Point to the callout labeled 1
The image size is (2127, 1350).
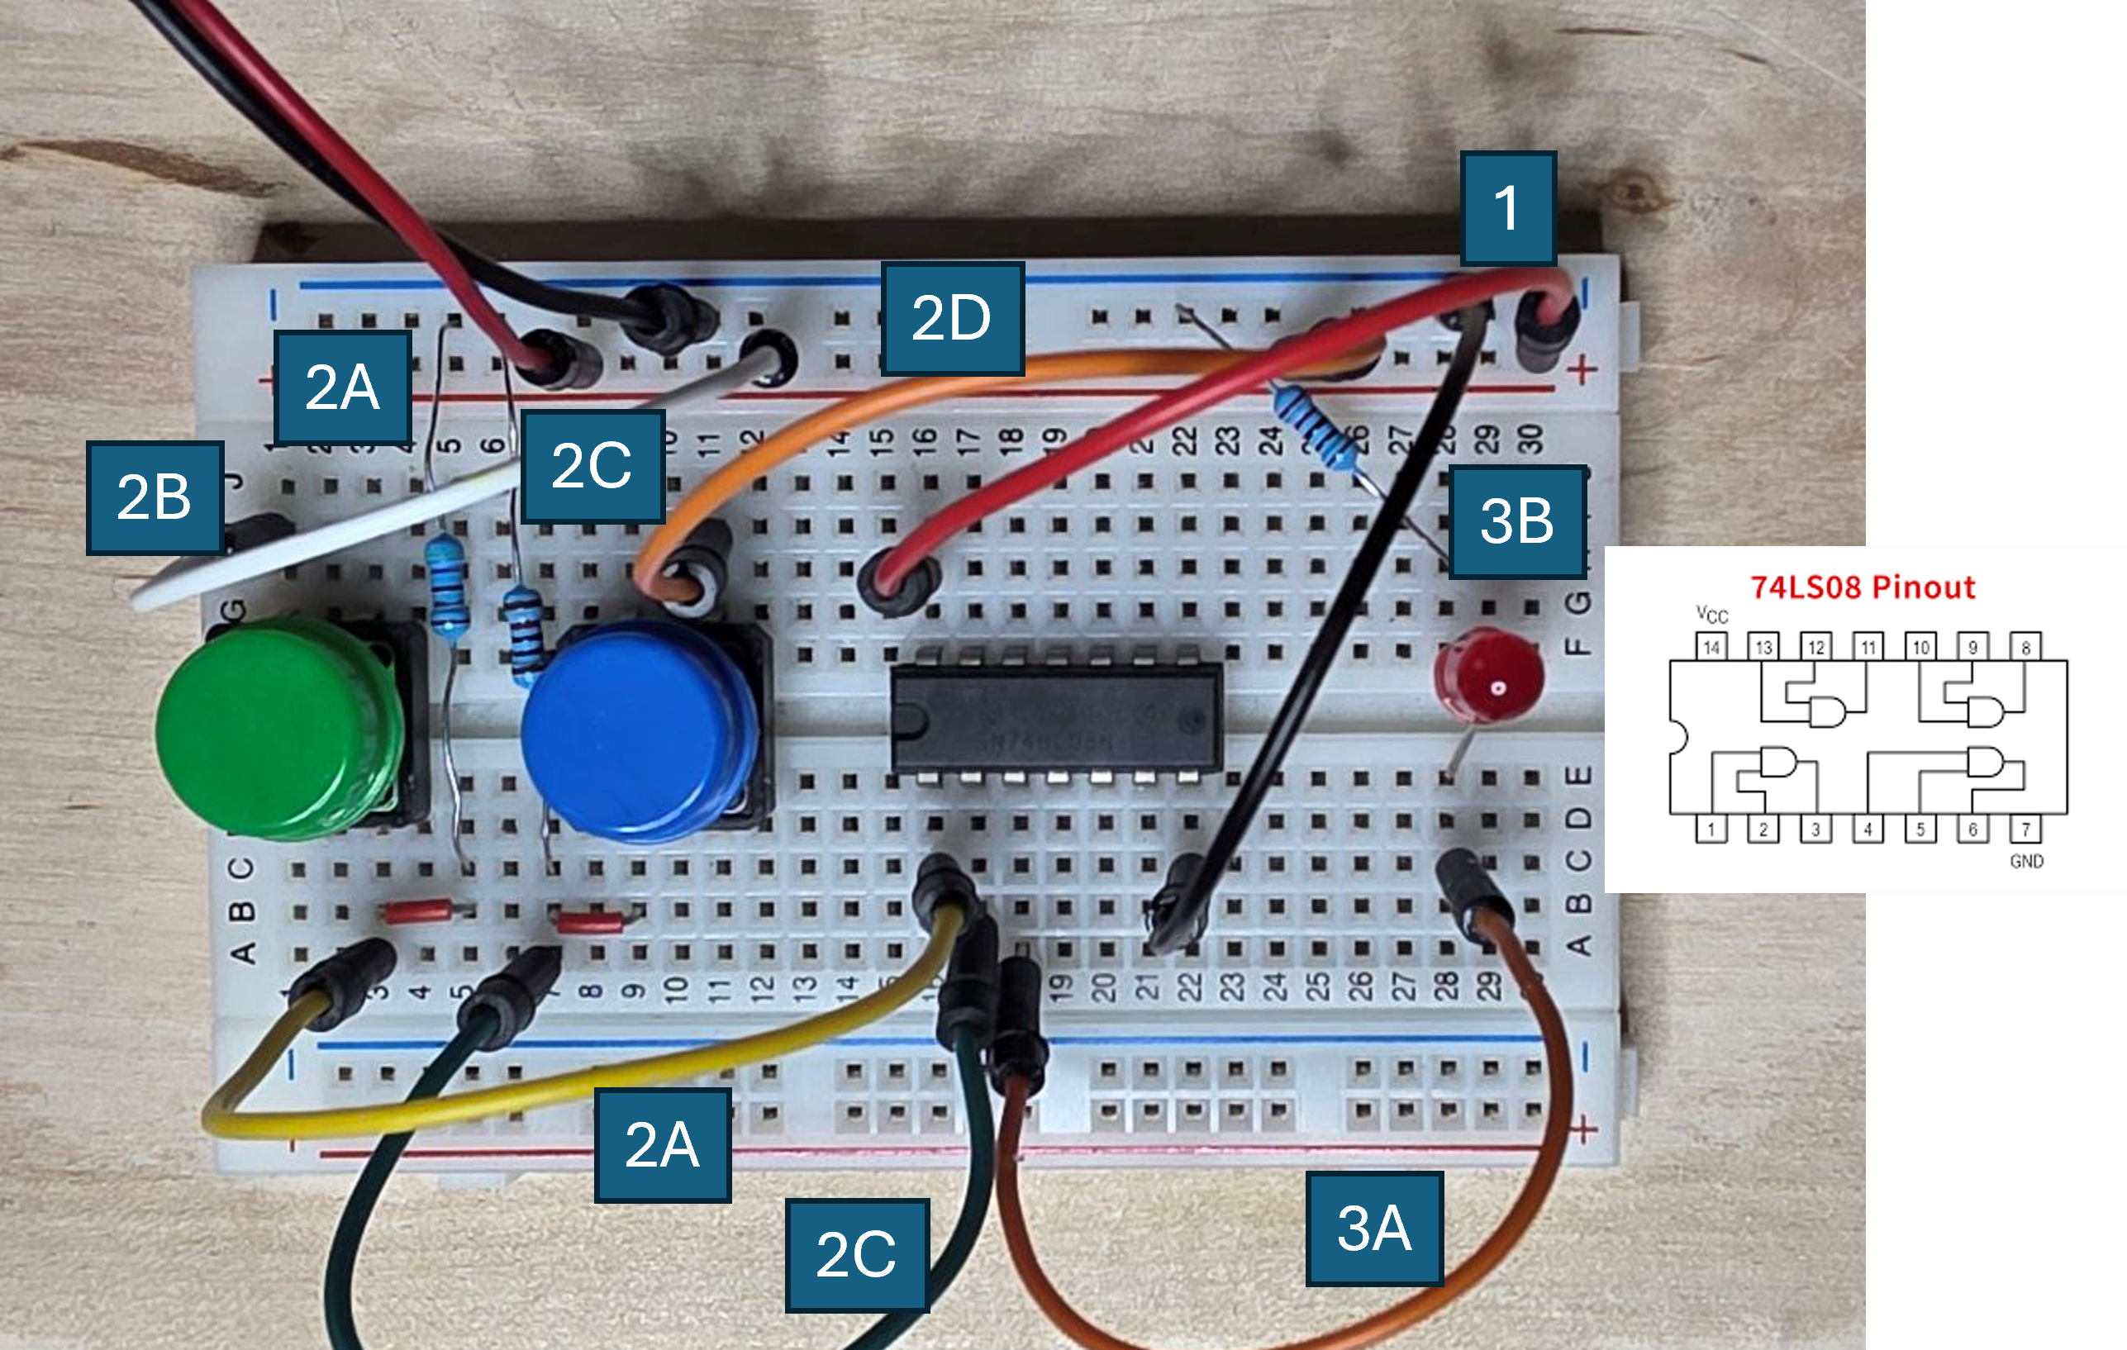click(1508, 208)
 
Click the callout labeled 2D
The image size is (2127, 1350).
click(952, 318)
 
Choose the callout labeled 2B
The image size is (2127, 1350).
click(155, 497)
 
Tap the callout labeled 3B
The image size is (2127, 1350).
click(1516, 521)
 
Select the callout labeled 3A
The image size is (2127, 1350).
click(1373, 1229)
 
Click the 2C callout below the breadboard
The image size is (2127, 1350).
click(856, 1255)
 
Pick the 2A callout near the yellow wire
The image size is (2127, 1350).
click(663, 1145)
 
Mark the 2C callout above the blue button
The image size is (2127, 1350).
click(592, 465)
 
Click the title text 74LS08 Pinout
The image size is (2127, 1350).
click(1862, 587)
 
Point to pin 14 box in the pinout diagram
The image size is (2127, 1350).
click(1711, 647)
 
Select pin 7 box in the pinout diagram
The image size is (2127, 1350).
click(2025, 829)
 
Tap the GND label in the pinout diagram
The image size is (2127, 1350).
click(2026, 861)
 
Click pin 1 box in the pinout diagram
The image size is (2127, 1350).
click(1711, 829)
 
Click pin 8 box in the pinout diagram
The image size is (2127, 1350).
click(2025, 647)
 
